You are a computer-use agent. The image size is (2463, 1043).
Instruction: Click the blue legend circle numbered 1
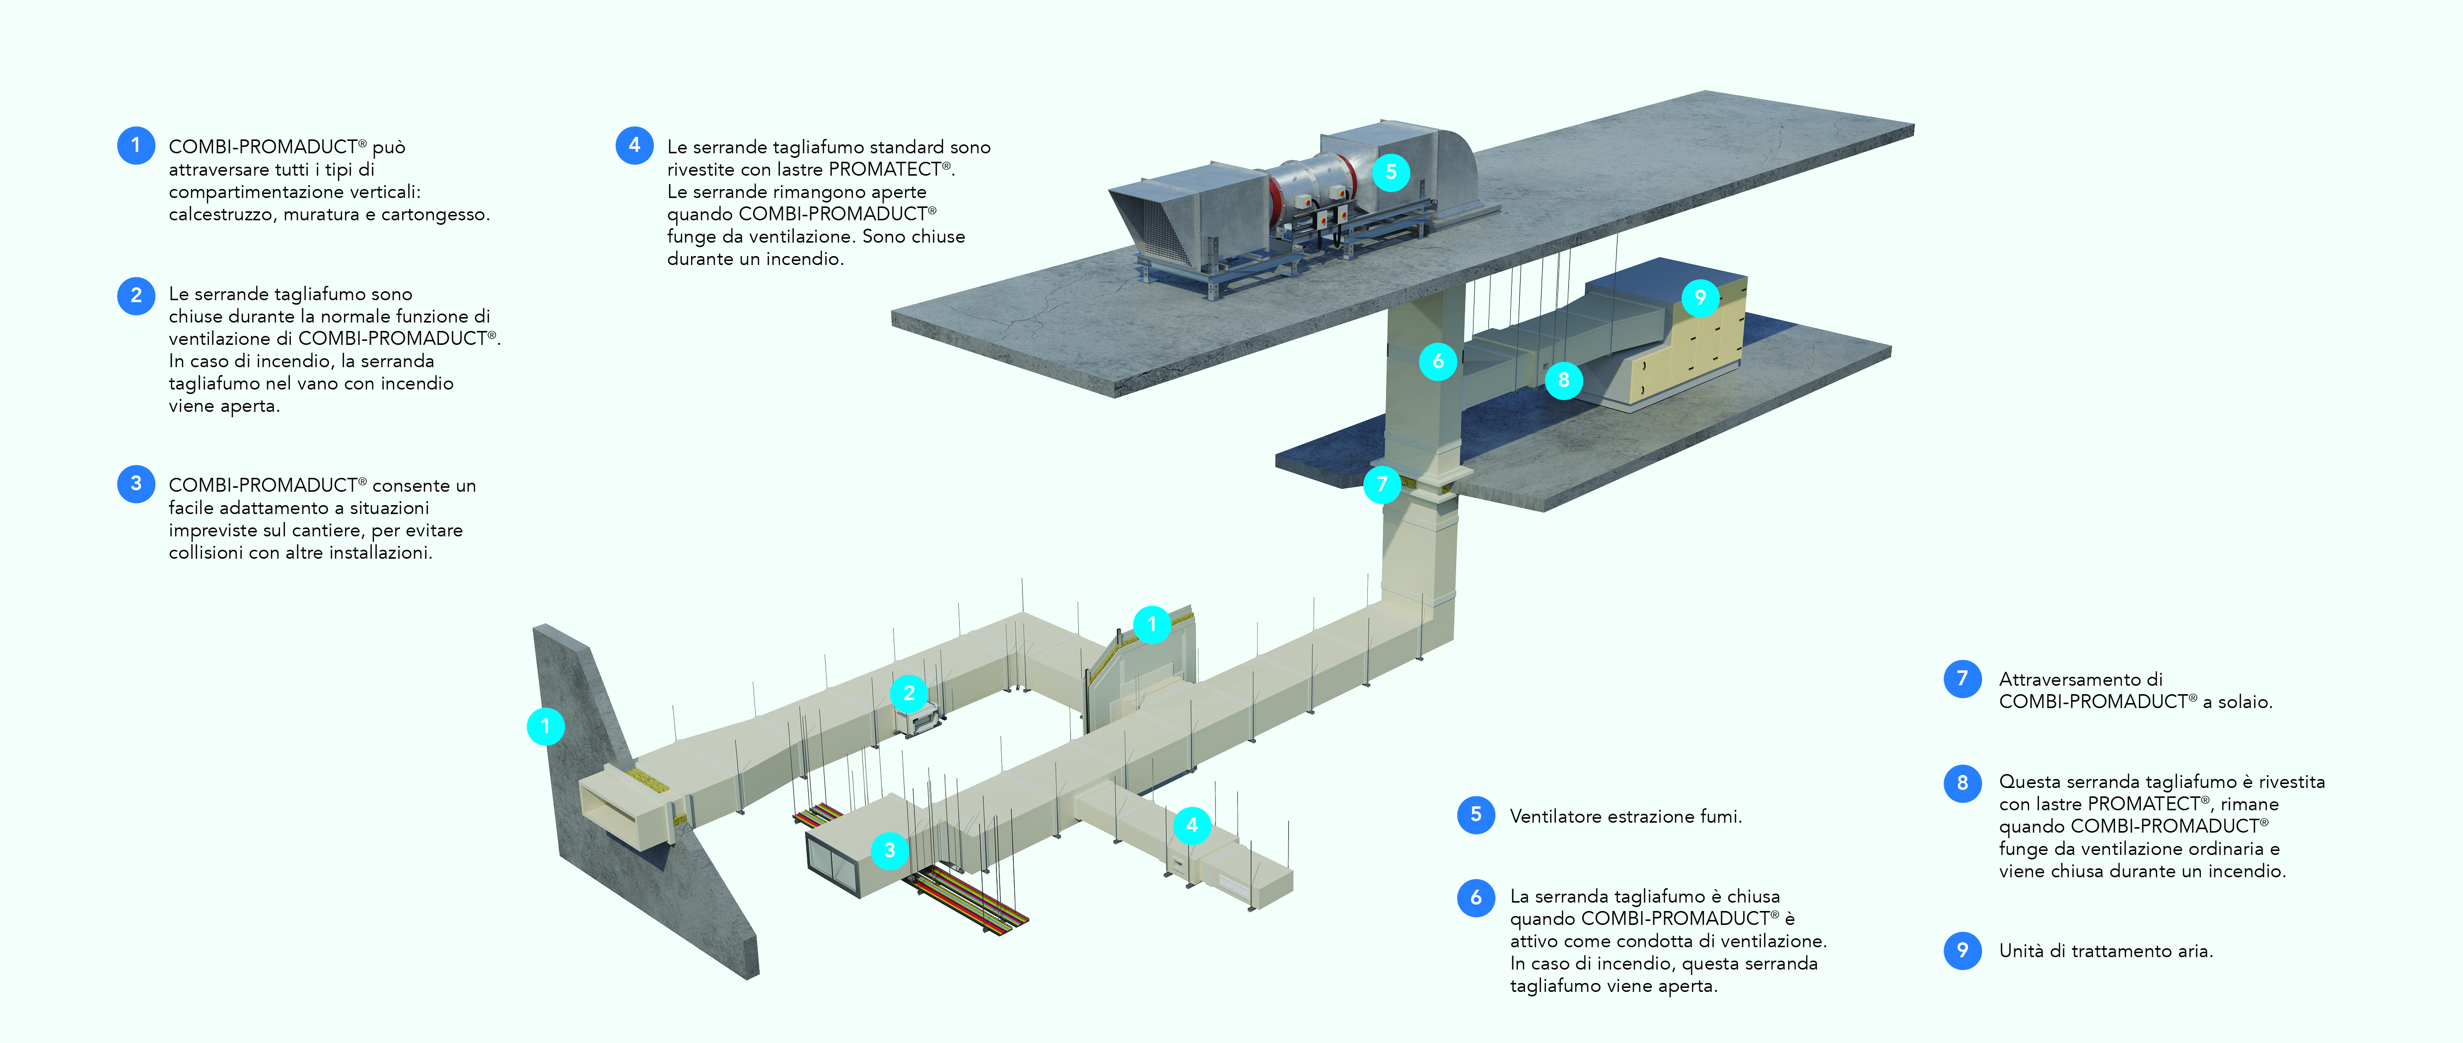[136, 145]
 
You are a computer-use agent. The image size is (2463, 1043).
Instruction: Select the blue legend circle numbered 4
[634, 145]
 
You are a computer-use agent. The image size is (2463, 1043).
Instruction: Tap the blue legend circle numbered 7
[1962, 679]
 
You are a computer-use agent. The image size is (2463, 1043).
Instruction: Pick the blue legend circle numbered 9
[1962, 950]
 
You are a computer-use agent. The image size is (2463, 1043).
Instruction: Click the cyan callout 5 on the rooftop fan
[1391, 172]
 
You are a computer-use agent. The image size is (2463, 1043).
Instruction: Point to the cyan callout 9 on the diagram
[1700, 297]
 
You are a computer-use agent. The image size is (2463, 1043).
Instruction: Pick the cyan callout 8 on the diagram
[1563, 380]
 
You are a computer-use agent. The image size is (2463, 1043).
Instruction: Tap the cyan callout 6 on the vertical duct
[1437, 361]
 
